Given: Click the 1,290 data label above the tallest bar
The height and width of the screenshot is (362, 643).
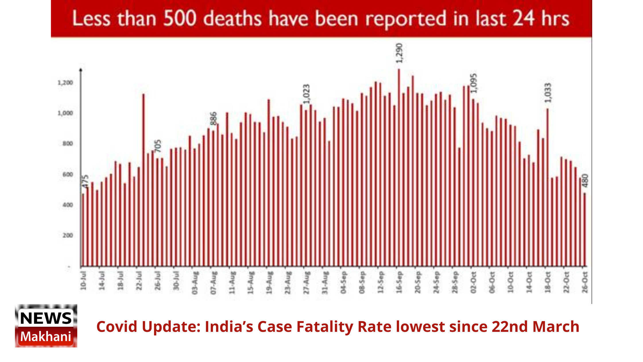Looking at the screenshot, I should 399,53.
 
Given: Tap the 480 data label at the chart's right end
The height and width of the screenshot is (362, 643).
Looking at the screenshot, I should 585,181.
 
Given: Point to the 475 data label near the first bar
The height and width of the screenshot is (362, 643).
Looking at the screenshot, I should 85,181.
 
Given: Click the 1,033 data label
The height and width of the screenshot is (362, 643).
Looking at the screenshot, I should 548,93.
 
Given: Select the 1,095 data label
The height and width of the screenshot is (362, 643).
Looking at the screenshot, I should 474,83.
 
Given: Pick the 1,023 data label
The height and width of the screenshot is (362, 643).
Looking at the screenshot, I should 307,94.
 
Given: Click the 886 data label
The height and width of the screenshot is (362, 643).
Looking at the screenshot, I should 214,118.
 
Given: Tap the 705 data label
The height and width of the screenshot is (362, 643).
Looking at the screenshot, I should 158,146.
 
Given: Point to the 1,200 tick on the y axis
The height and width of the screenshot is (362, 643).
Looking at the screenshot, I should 65,83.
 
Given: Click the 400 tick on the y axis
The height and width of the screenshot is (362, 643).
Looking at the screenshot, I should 68,205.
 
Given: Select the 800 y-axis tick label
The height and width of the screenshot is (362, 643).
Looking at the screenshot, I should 68,144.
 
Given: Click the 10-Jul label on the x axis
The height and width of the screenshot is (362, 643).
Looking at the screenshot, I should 83,280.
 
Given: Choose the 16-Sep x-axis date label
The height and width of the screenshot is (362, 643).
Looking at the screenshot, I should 399,282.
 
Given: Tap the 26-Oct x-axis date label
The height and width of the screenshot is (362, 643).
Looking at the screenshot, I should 585,282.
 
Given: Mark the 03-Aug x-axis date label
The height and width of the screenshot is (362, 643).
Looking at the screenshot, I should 195,283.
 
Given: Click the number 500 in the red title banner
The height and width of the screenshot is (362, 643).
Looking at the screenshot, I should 180,19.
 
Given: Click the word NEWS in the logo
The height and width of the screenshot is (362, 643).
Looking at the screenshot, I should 46,318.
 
